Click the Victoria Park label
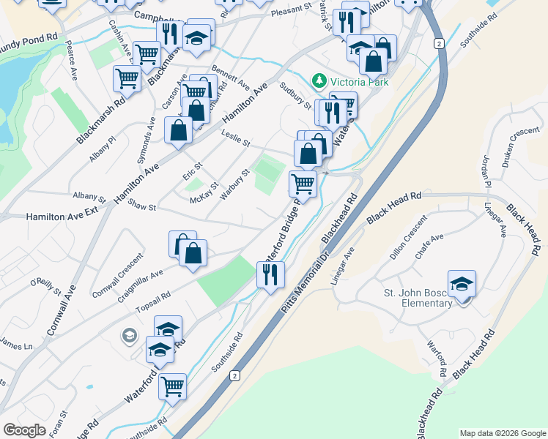tap(359, 81)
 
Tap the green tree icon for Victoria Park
tap(319, 80)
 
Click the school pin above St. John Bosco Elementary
tap(462, 285)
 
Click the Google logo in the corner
tap(25, 429)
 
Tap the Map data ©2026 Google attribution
tap(502, 433)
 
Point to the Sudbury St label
tap(296, 95)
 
